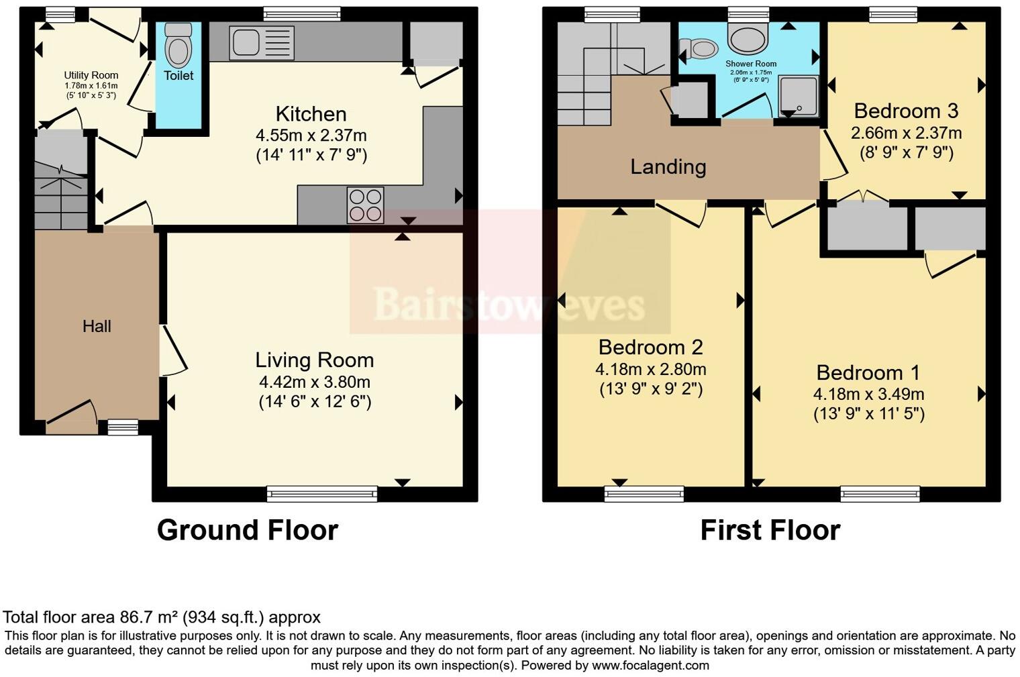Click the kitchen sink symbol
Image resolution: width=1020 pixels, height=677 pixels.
tap(262, 42)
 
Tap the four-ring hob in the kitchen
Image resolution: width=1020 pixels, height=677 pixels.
tap(366, 204)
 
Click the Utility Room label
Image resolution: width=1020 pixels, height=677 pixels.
tap(91, 75)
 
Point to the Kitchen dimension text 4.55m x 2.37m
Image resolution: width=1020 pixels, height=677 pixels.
tap(311, 136)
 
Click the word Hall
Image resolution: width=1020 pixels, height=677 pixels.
tap(97, 327)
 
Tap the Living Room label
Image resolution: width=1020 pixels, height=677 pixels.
tap(314, 360)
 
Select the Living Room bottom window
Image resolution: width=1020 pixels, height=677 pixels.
tap(322, 494)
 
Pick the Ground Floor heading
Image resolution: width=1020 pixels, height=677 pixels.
tap(247, 530)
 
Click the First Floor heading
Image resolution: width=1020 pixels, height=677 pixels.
tap(770, 530)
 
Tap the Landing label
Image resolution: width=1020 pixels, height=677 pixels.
tap(668, 166)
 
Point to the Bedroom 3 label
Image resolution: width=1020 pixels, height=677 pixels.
tap(906, 111)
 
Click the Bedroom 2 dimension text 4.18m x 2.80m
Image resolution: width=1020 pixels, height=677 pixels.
tap(650, 369)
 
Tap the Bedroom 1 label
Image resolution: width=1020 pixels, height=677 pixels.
tap(868, 372)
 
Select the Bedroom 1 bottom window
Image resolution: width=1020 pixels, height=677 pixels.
tap(880, 494)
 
